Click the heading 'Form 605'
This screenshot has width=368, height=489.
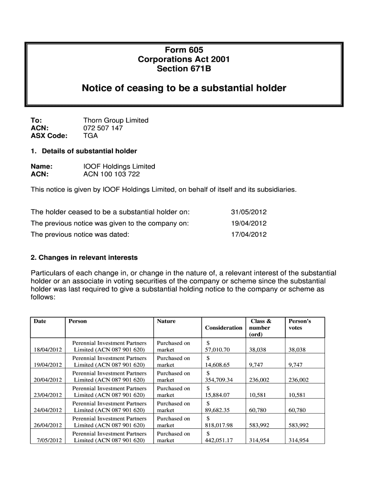184,50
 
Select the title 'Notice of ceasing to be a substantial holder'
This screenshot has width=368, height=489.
184,88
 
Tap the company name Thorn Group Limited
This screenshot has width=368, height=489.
116,120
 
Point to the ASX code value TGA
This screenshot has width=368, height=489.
90,136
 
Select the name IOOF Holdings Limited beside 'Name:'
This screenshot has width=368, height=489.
119,166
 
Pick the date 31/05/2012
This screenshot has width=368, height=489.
249,212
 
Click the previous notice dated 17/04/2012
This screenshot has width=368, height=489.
249,234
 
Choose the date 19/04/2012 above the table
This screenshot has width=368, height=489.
249,223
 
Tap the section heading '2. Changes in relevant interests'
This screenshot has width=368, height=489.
84,257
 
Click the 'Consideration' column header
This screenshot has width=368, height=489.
223,328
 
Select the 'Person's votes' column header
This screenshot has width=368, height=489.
300,324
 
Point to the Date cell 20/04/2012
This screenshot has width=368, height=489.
48,380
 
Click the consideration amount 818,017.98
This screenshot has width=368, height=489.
219,425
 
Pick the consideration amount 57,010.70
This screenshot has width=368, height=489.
217,350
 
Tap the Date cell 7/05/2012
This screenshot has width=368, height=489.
49,440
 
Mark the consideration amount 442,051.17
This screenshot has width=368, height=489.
219,441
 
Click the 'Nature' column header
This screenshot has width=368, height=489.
166,321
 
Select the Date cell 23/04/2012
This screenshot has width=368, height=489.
48,395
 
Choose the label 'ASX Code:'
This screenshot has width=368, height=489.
49,136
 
